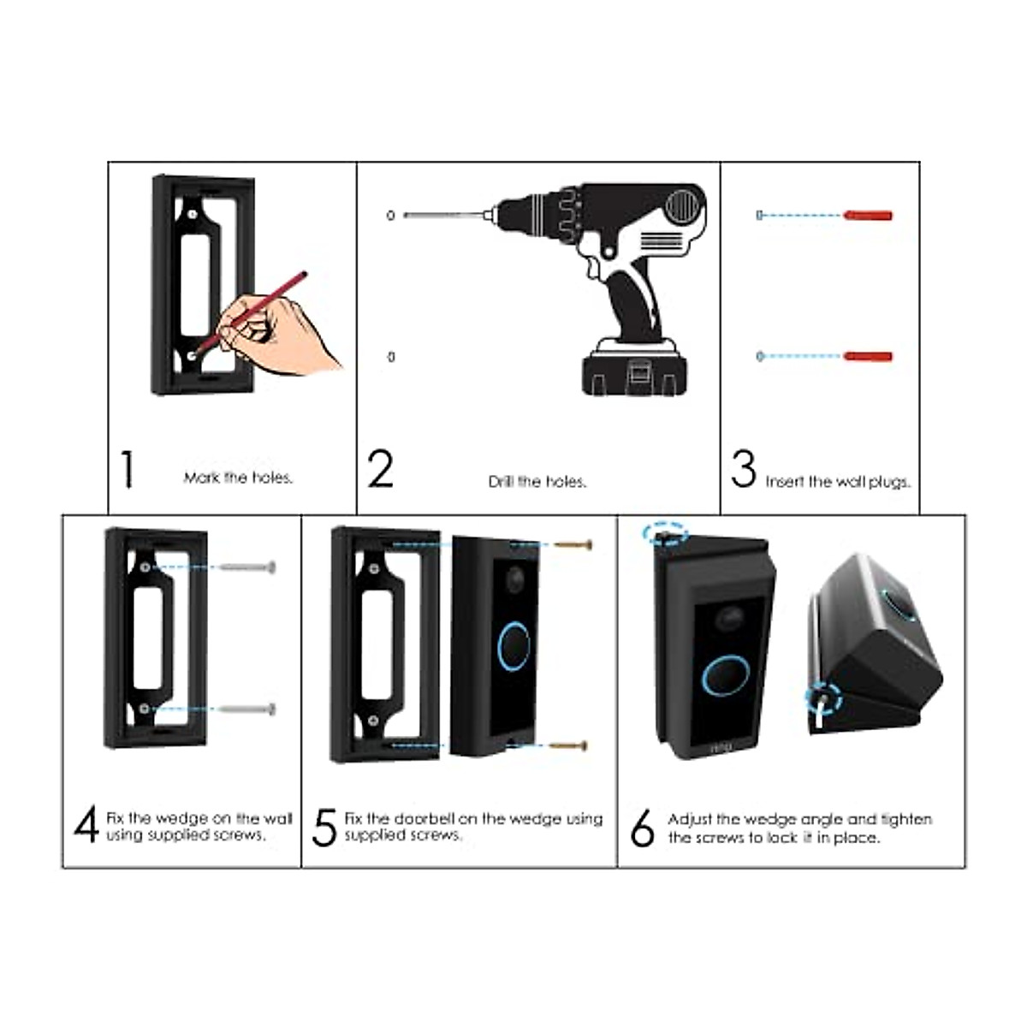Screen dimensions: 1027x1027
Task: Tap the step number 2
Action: [381, 469]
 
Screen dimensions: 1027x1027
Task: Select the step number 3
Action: [744, 469]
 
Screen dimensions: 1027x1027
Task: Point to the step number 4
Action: [86, 825]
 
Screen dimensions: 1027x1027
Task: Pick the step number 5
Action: [324, 827]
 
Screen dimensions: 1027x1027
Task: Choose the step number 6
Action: [642, 828]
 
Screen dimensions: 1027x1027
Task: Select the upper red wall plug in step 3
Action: [868, 215]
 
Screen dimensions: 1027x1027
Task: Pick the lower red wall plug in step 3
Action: [868, 356]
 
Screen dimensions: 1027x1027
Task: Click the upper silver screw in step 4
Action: [248, 567]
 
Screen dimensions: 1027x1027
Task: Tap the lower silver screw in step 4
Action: [248, 709]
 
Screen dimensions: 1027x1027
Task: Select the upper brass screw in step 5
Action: [573, 544]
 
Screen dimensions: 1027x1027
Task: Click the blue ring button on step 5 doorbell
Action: [514, 646]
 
